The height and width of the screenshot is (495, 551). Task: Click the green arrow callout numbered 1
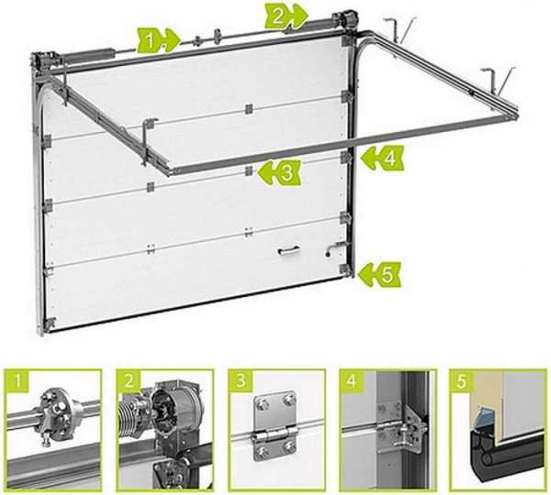[158, 40]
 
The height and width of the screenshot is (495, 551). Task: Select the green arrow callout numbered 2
[286, 16]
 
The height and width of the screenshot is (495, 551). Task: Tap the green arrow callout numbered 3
[279, 172]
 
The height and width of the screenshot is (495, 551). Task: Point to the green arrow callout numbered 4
[382, 159]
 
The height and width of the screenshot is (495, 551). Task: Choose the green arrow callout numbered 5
[378, 274]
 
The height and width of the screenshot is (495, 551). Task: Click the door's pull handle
[289, 250]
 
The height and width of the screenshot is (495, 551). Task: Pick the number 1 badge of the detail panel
[17, 380]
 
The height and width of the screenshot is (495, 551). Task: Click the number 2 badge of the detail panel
[129, 380]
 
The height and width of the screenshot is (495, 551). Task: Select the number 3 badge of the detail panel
[241, 380]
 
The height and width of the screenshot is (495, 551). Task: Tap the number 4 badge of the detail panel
[352, 380]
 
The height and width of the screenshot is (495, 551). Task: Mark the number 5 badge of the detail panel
[462, 380]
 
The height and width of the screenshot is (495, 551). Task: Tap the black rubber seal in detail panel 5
[506, 456]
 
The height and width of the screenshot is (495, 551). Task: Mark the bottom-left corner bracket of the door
[51, 323]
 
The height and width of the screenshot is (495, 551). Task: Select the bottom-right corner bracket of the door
[345, 269]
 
